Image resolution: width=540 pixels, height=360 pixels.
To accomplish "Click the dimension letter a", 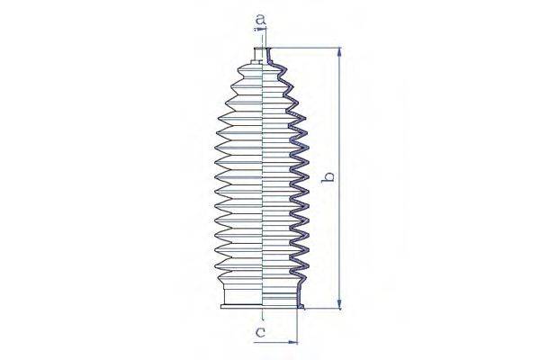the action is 261,20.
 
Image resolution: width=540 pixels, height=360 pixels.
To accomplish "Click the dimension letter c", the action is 260,332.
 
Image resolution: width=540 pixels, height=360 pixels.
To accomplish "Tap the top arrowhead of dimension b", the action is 339,52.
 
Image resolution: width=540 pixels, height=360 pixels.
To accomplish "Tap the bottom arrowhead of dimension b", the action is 339,304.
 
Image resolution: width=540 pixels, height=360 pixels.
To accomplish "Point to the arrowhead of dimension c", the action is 292,342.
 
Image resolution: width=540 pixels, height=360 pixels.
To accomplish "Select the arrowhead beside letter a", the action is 259,30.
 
